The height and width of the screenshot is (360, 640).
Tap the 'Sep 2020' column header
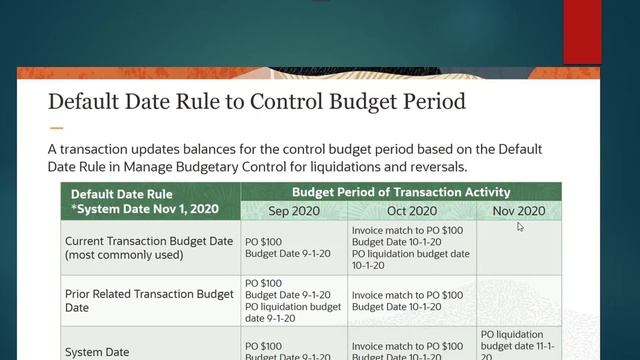click(296, 211)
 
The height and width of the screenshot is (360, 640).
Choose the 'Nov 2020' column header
click(518, 211)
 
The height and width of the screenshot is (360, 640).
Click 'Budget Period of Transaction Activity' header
click(401, 192)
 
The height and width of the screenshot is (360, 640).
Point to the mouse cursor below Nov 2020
click(520, 227)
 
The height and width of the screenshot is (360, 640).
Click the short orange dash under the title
click(56, 128)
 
